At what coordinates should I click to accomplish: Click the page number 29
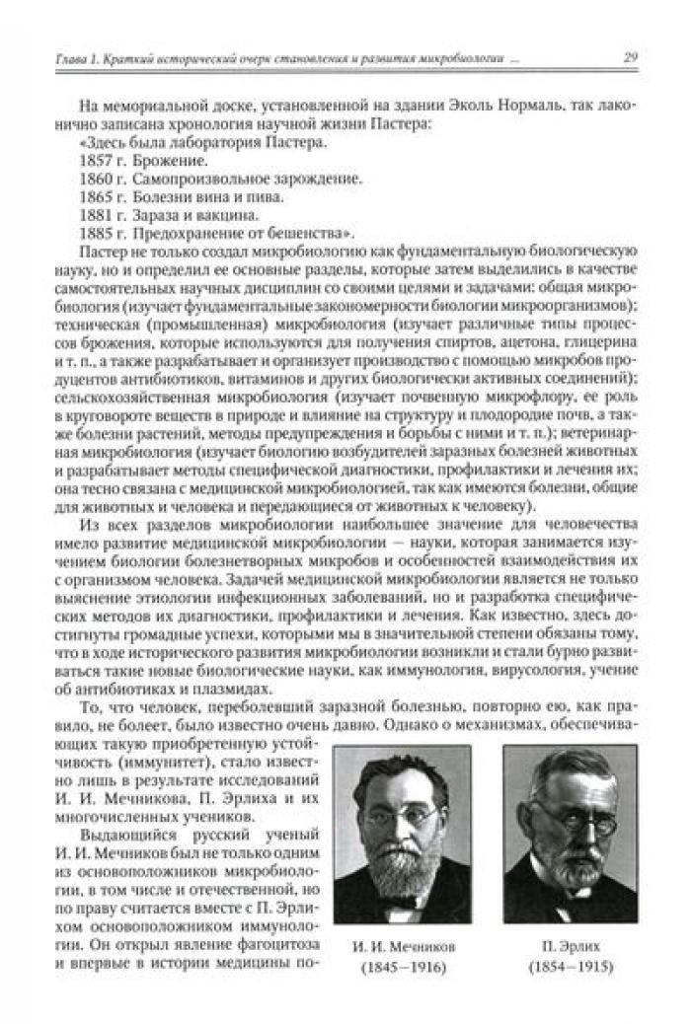(630, 58)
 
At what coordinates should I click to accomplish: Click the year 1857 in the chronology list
(95, 160)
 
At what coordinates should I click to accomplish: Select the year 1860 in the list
(95, 179)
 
